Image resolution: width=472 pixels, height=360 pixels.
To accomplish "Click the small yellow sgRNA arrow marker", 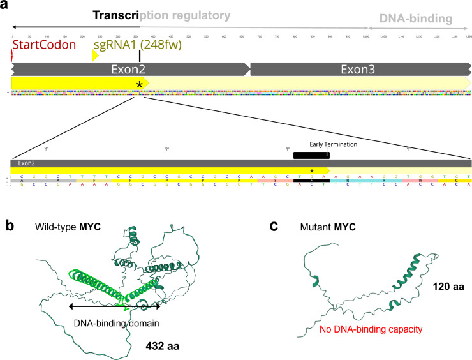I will pos(95,56).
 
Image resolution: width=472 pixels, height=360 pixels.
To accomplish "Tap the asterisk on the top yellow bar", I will pos(138,84).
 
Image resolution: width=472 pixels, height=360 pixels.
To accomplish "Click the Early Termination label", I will pos(333,144).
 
